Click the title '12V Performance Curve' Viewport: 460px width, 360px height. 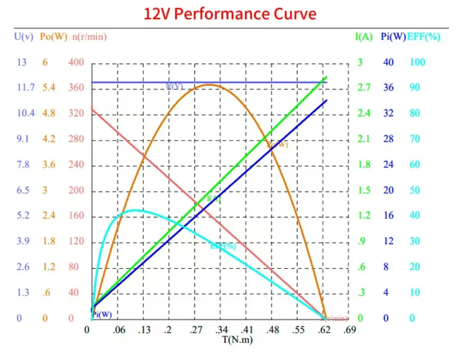point(230,13)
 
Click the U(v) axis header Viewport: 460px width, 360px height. point(24,37)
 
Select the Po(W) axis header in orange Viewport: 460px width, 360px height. point(53,37)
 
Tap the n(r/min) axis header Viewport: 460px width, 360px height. point(89,37)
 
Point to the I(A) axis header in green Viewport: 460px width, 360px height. point(364,37)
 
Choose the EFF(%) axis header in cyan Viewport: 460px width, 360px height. point(424,37)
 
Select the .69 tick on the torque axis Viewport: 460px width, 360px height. point(349,330)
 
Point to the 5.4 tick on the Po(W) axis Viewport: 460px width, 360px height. point(49,88)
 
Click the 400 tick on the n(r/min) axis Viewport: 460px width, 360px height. point(76,62)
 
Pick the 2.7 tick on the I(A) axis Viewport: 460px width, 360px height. point(364,88)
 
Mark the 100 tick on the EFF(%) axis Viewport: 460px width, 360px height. point(417,62)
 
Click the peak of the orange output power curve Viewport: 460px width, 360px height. point(209,84)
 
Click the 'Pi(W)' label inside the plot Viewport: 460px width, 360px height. point(102,315)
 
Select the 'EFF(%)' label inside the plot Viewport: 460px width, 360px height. point(223,246)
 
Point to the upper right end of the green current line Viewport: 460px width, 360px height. point(327,77)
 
